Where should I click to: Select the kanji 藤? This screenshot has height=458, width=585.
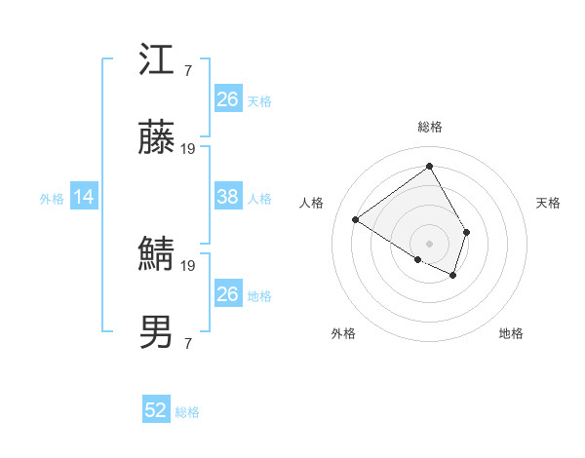click(x=158, y=139)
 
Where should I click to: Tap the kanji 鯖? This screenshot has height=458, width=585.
click(x=158, y=255)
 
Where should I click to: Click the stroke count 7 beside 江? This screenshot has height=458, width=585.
click(x=187, y=70)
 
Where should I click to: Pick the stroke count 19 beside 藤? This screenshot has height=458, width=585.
click(x=188, y=149)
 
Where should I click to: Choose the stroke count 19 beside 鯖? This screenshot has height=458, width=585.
click(x=188, y=265)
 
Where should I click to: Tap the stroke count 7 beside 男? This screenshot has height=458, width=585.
click(x=187, y=343)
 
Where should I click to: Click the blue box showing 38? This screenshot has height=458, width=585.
click(x=227, y=197)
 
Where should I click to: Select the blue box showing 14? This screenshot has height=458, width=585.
click(x=84, y=197)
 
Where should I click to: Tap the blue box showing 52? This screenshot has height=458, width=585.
click(x=156, y=410)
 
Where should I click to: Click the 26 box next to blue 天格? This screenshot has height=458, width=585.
click(x=227, y=99)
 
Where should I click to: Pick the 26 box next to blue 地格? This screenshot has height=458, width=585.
click(x=227, y=294)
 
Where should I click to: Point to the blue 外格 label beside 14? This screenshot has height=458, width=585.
click(x=52, y=198)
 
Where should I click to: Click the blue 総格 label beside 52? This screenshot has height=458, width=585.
click(x=187, y=412)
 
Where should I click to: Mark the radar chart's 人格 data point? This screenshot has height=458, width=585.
click(x=356, y=220)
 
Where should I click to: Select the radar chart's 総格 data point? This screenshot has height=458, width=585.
click(x=429, y=166)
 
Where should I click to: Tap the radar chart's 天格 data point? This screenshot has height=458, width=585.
click(x=467, y=232)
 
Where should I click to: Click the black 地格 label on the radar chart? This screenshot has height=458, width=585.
click(x=511, y=333)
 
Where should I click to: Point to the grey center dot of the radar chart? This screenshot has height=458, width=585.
click(x=429, y=243)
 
